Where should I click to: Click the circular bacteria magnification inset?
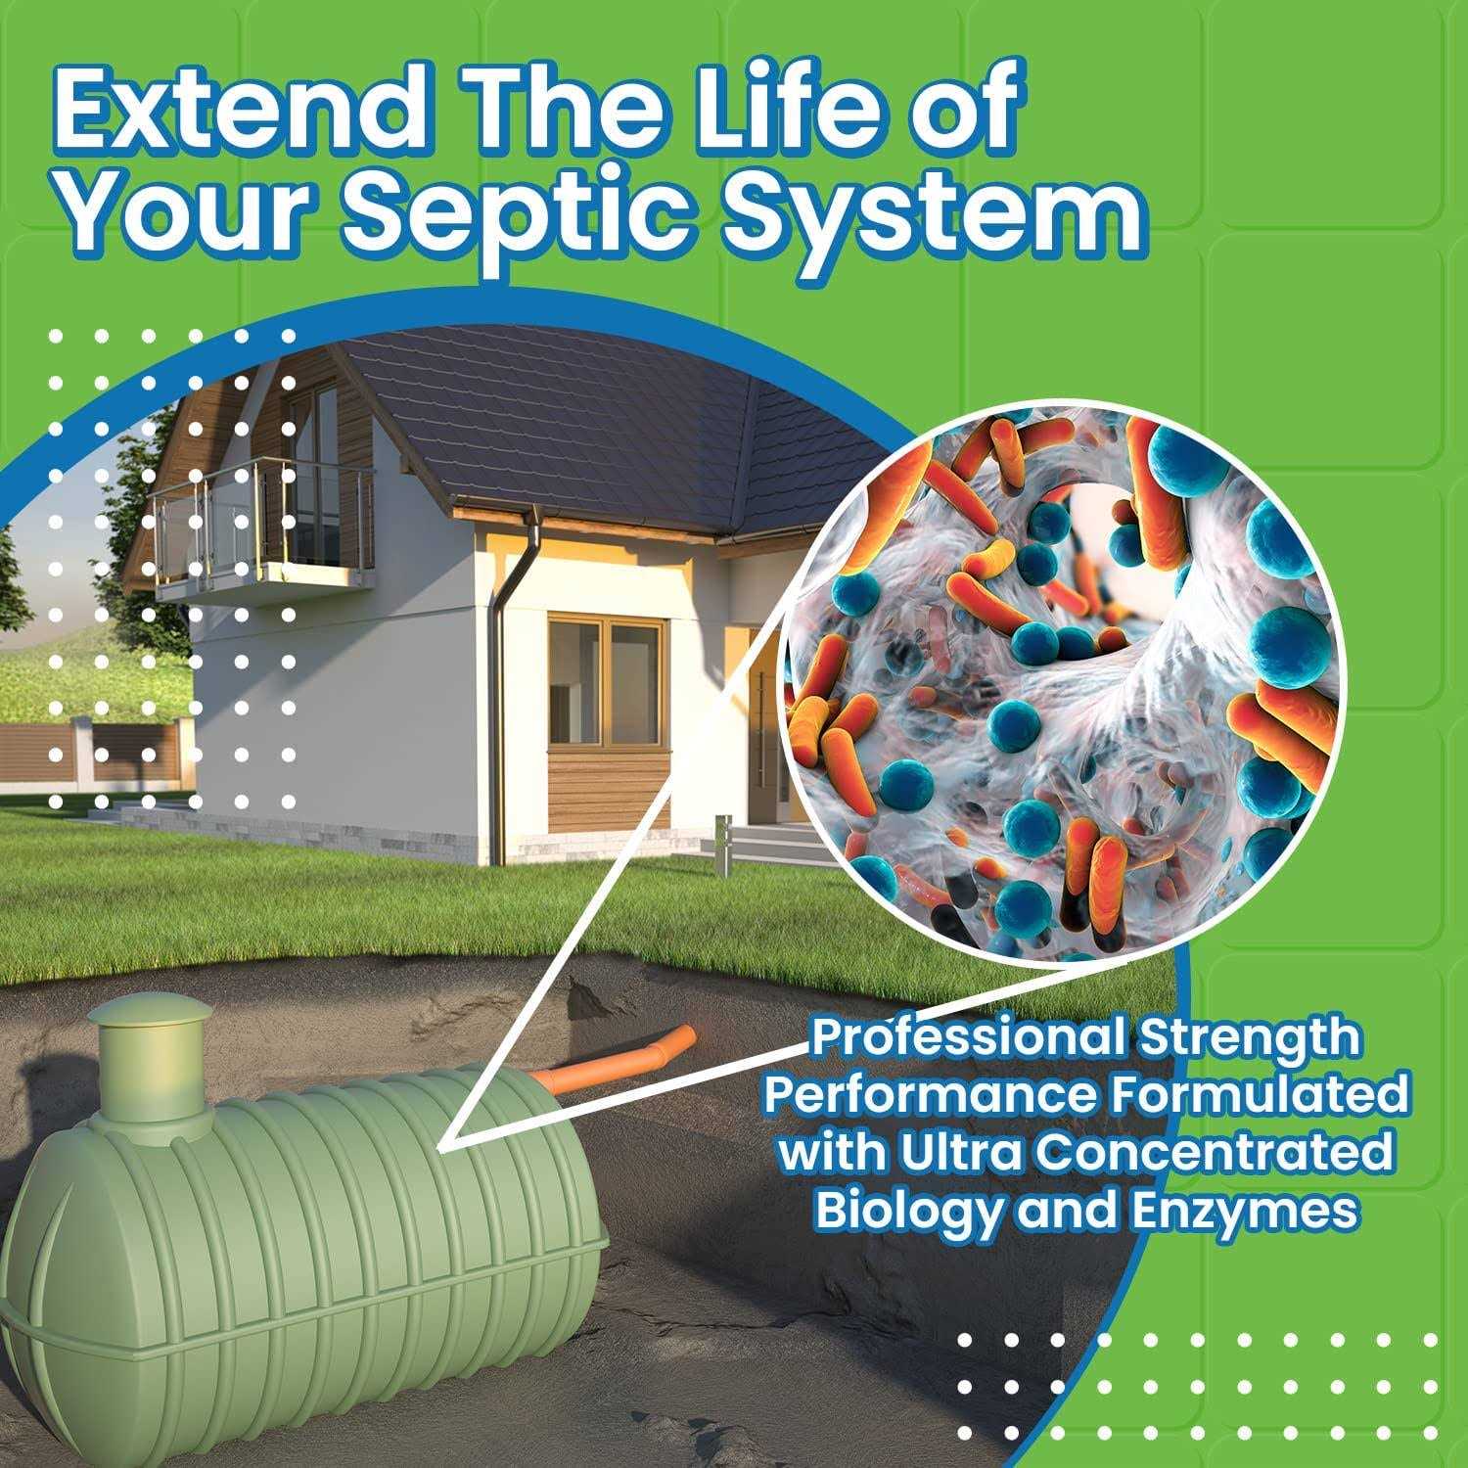coord(1062,685)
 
